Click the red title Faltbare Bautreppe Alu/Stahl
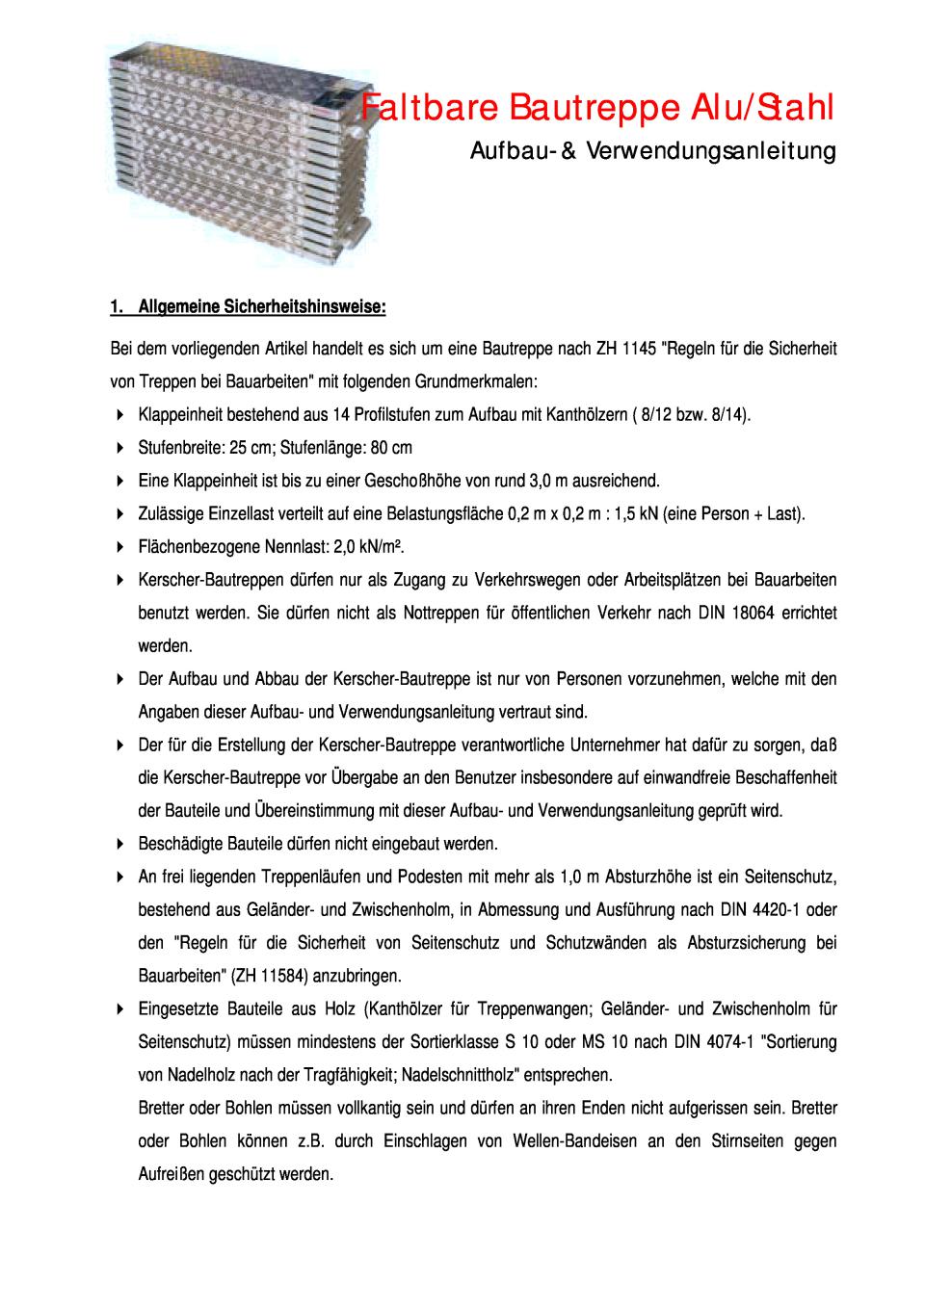[x=598, y=108]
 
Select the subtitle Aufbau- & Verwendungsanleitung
[x=653, y=151]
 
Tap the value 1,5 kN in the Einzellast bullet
[x=633, y=513]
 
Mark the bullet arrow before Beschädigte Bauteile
[x=119, y=844]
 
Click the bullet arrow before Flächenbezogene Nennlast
[x=119, y=547]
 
